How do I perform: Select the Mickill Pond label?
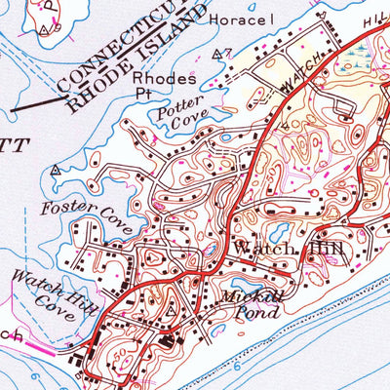252,305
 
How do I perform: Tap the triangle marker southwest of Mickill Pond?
173,310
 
